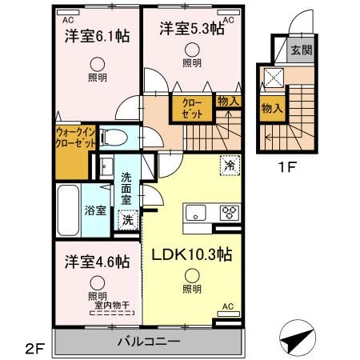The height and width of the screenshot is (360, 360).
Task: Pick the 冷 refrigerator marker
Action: (229, 166)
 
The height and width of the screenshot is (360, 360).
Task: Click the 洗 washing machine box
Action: (126, 220)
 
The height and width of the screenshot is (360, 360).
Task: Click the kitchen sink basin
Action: (197, 212)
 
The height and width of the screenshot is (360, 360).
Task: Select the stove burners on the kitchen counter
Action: (229, 212)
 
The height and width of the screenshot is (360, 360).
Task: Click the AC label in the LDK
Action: (228, 306)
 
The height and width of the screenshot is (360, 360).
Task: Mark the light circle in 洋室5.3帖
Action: (191, 50)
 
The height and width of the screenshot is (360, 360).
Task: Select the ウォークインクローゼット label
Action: (76, 138)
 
